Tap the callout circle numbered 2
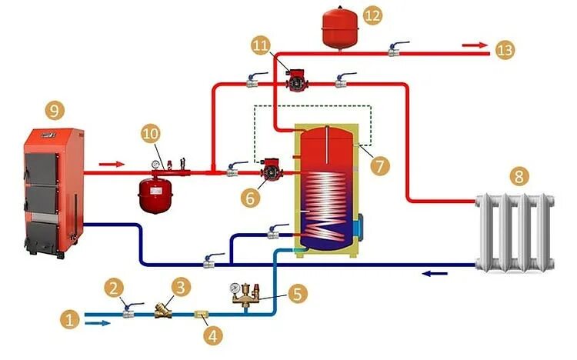115,288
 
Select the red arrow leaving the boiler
111,163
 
